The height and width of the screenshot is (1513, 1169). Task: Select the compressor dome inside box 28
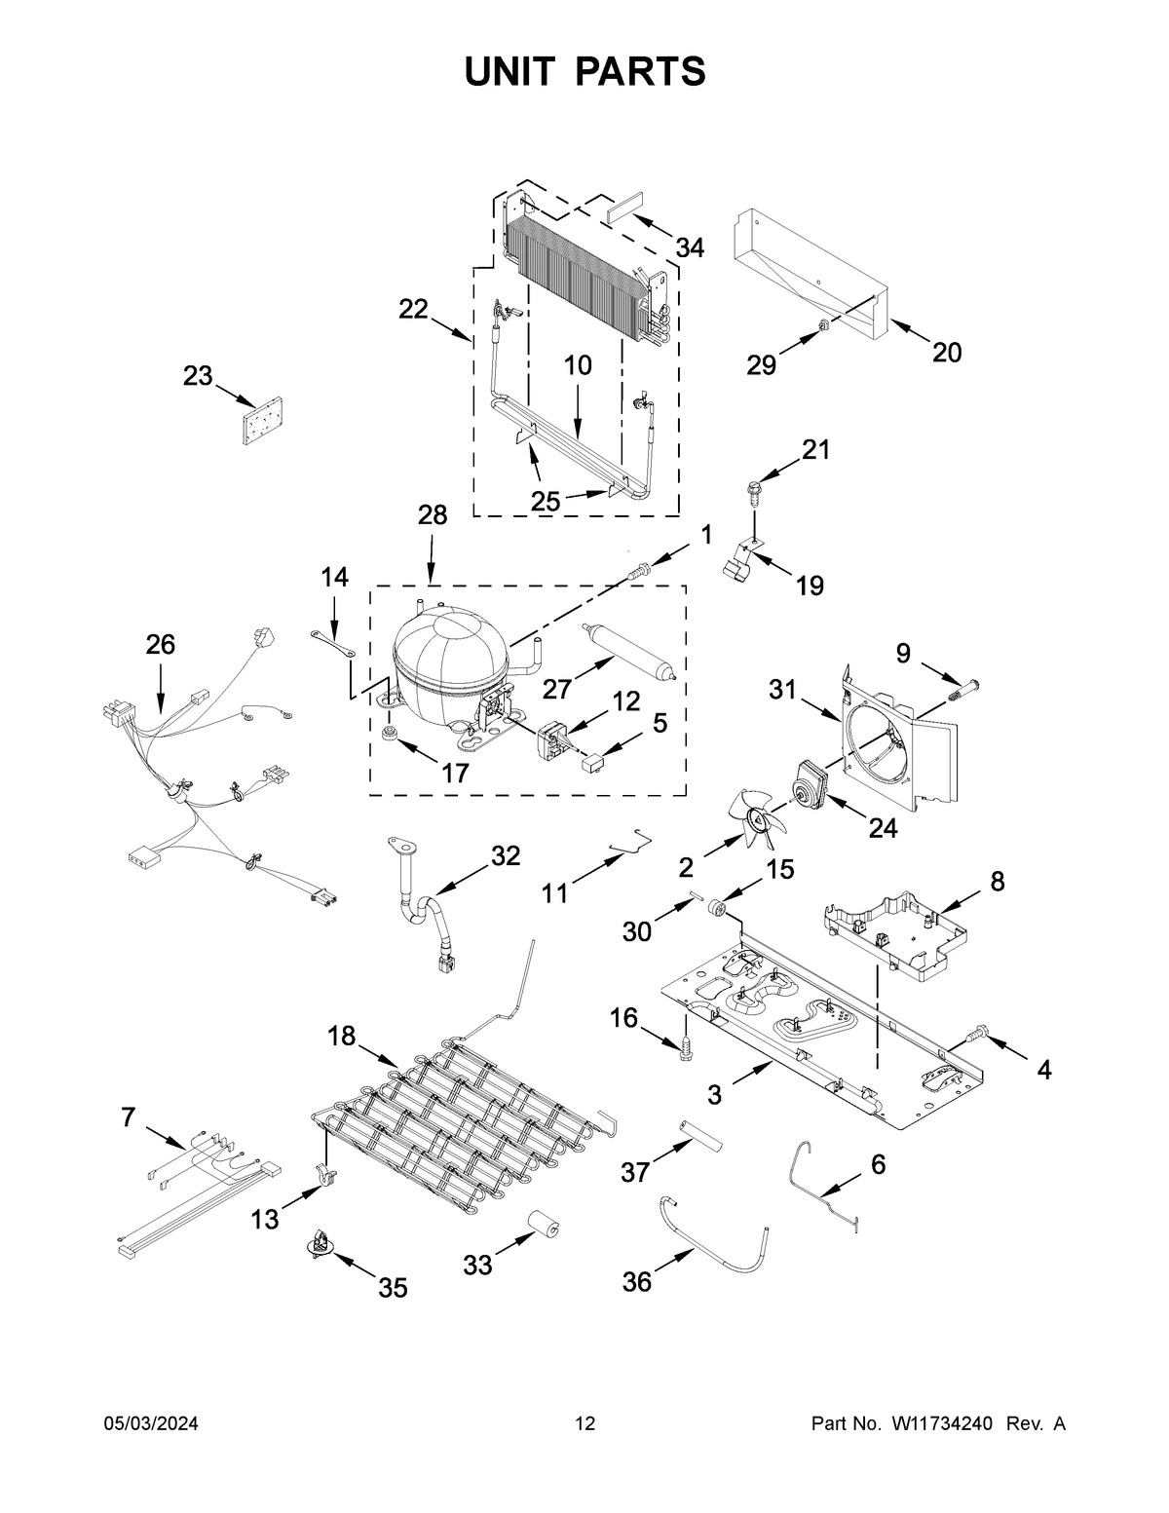[449, 650]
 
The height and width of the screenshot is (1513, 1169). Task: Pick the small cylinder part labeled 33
[541, 1225]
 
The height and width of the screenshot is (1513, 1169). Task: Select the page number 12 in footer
[584, 1424]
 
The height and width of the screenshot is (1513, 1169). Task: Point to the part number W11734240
[940, 1424]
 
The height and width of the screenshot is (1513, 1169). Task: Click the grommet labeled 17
[392, 732]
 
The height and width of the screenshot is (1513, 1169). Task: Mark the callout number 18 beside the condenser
[341, 1037]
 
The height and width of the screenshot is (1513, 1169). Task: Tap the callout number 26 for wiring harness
[161, 644]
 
